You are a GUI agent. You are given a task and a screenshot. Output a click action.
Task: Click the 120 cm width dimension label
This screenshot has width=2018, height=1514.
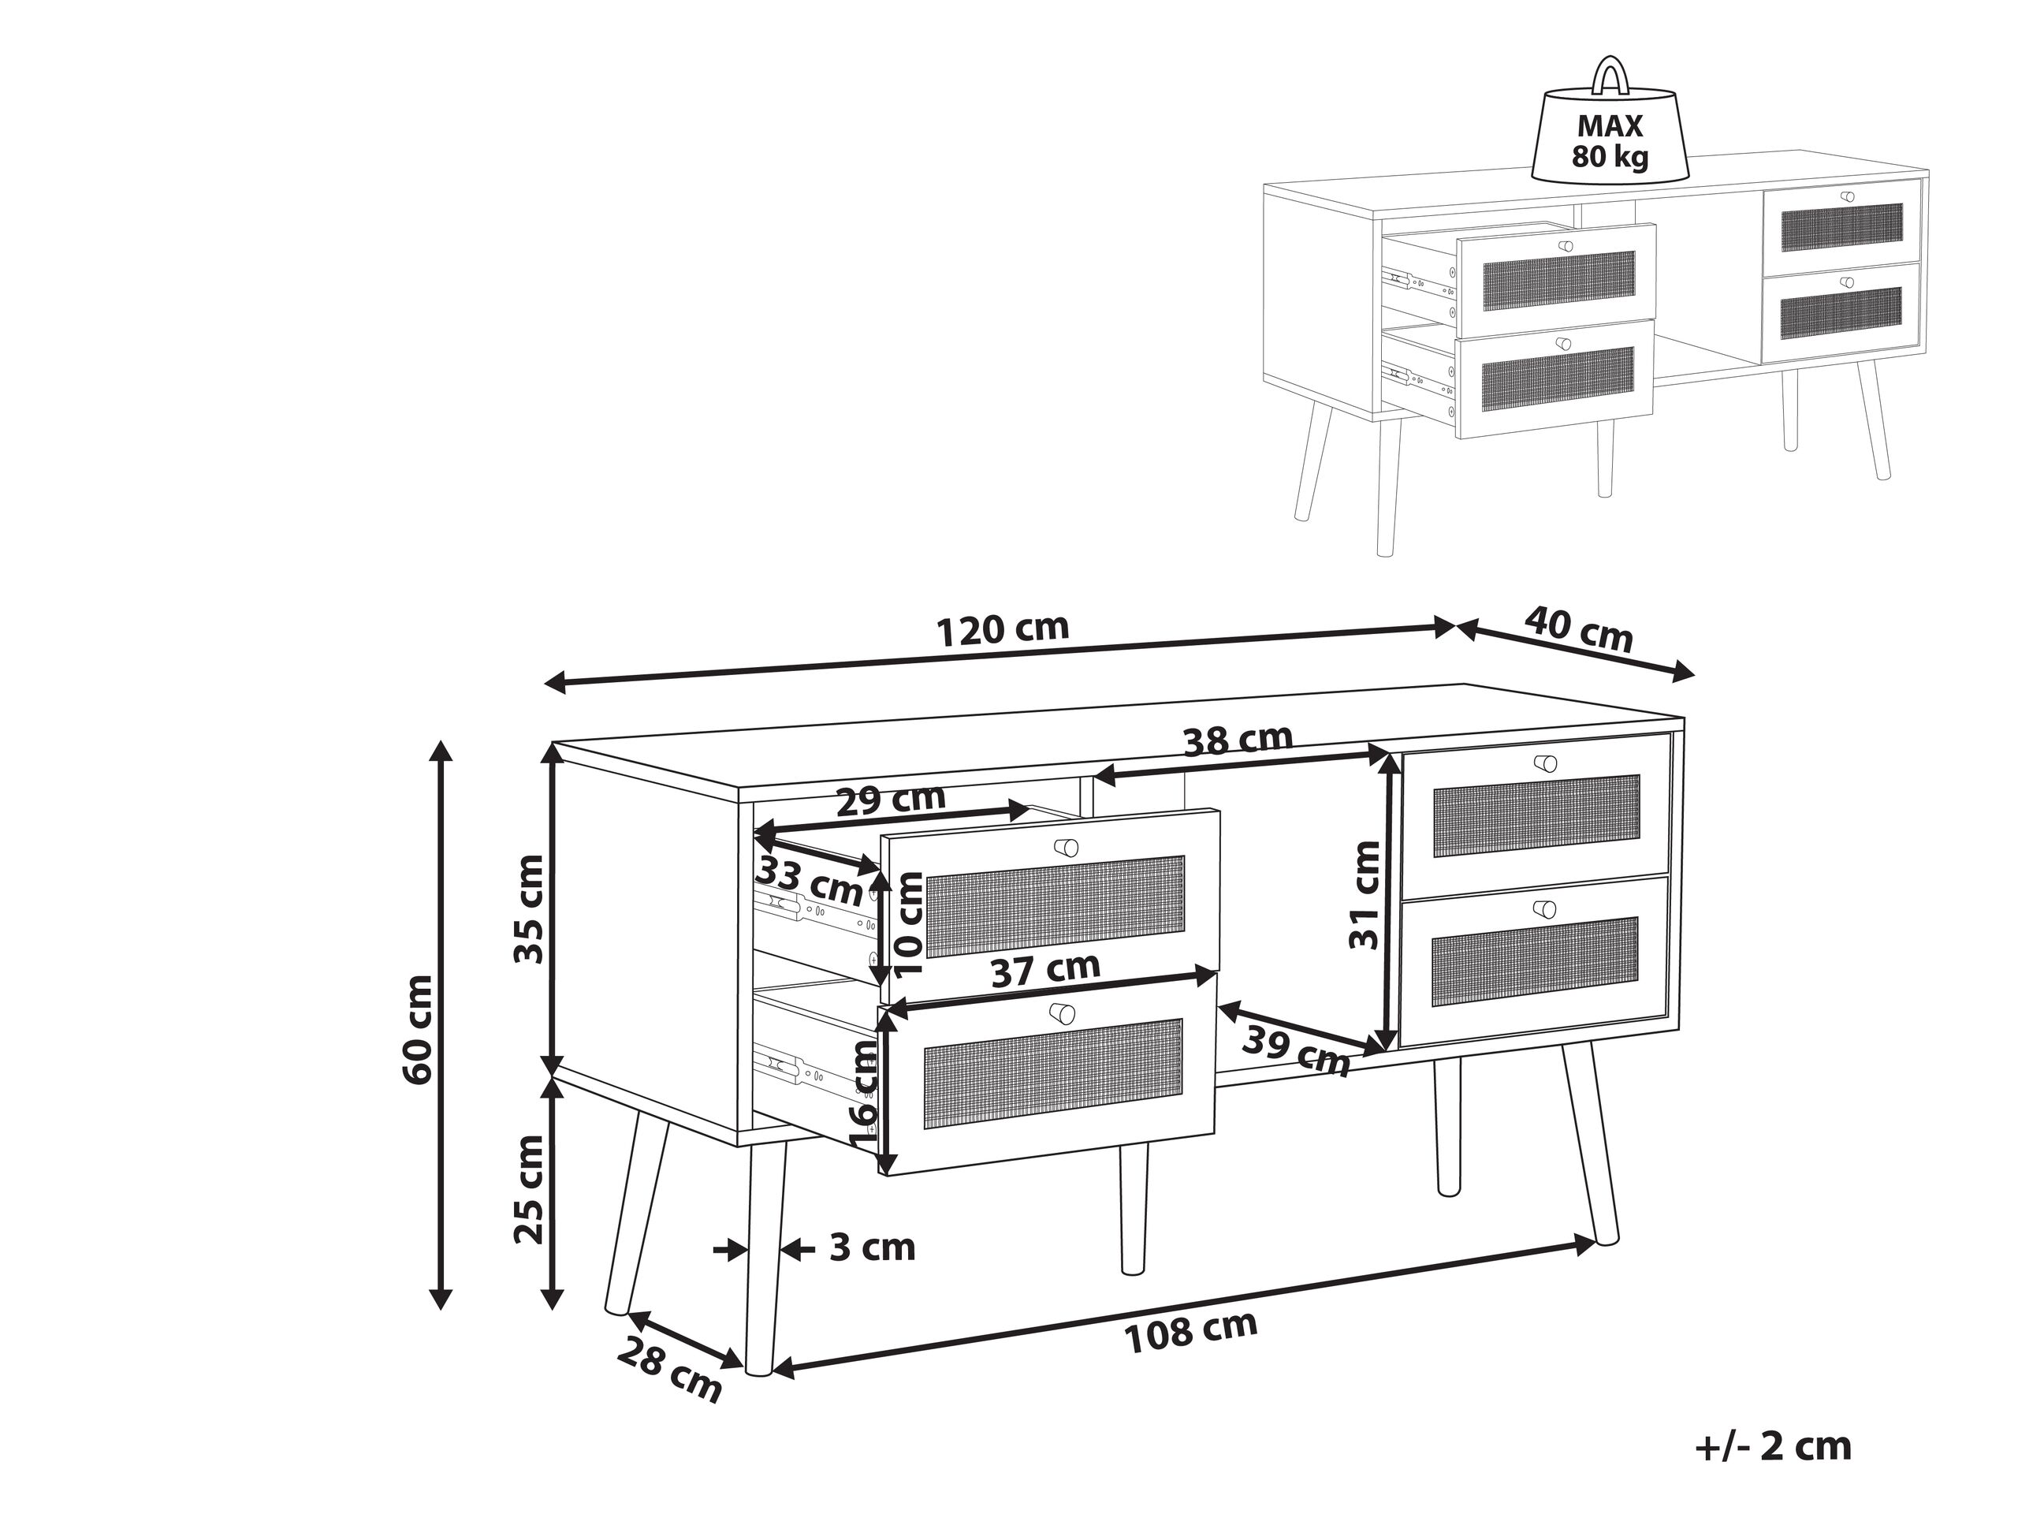[1003, 630]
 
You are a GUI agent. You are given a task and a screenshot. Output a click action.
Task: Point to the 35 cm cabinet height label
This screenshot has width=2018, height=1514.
[529, 909]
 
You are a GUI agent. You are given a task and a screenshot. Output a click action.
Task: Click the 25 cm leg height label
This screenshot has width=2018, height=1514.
[529, 1190]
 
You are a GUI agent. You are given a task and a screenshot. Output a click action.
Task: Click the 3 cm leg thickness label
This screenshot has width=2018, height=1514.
[871, 1247]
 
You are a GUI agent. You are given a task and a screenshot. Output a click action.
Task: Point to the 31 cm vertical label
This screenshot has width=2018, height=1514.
[1366, 896]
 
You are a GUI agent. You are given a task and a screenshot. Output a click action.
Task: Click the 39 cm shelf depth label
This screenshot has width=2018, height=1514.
[1298, 1051]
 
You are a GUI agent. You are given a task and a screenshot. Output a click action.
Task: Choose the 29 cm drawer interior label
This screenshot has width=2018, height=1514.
[891, 800]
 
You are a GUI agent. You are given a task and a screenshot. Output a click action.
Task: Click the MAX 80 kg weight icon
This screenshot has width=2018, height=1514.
[1610, 141]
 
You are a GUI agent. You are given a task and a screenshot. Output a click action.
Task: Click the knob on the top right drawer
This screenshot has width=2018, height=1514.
[1546, 763]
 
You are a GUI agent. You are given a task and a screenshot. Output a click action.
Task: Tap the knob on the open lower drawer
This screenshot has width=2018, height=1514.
[1062, 1013]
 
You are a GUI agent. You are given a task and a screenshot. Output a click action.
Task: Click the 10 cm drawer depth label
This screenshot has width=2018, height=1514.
[909, 923]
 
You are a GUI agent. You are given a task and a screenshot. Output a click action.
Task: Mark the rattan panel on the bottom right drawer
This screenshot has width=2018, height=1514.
[1536, 962]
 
